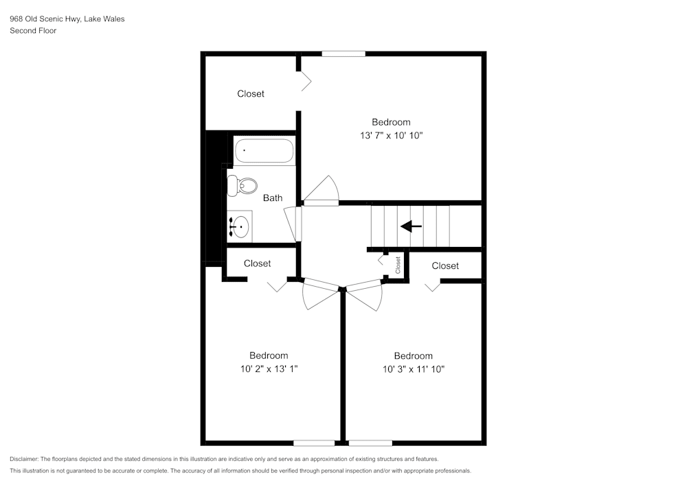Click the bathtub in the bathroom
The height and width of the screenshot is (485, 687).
[x=264, y=151]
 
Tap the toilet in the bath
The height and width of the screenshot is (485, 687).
[x=243, y=185]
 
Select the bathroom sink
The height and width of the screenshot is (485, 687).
[x=240, y=225]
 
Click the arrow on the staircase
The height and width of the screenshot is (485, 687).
[x=411, y=226]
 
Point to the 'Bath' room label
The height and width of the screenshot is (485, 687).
[x=273, y=198]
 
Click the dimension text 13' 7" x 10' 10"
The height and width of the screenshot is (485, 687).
[x=391, y=136]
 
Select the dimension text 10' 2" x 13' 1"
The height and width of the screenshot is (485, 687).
[x=269, y=369]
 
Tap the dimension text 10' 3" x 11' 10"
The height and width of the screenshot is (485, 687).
[x=413, y=369]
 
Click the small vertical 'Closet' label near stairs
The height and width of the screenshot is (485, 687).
[x=398, y=265]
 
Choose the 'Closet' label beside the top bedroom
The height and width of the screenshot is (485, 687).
[x=251, y=94]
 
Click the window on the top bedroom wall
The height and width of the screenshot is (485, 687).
[x=343, y=54]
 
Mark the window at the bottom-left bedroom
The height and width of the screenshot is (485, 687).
[x=314, y=442]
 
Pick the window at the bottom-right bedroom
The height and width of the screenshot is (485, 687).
[x=370, y=442]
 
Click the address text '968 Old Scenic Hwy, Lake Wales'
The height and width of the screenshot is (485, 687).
[x=67, y=19]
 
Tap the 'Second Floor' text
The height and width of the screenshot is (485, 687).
[x=33, y=31]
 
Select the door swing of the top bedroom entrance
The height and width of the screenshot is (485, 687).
[x=322, y=189]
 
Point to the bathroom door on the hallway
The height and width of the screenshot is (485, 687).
[x=297, y=224]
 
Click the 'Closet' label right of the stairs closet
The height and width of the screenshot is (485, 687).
[x=445, y=265]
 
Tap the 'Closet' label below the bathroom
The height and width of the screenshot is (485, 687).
[x=257, y=263]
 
